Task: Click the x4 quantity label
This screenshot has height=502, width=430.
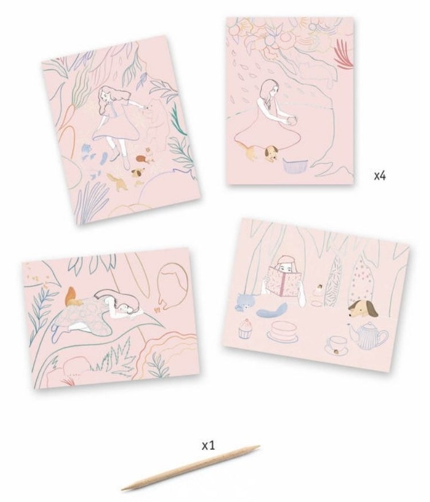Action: [x=380, y=175]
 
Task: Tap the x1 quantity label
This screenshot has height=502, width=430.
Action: [x=209, y=445]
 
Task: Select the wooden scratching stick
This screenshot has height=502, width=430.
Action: [x=190, y=467]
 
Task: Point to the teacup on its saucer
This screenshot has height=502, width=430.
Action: [x=337, y=346]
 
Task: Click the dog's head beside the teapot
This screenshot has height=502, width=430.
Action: [x=363, y=309]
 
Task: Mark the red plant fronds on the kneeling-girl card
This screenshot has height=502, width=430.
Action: [x=344, y=53]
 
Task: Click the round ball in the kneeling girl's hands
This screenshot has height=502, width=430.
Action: [x=292, y=122]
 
